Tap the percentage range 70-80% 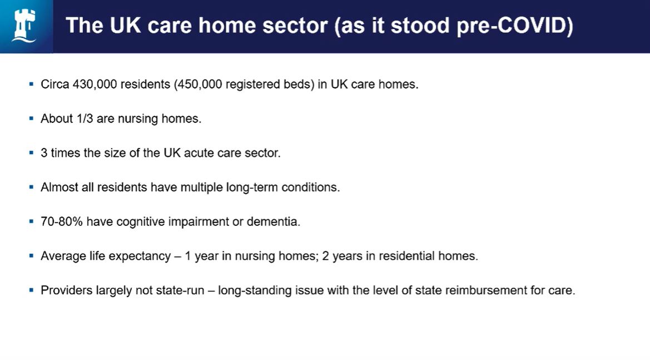pyautogui.click(x=62, y=222)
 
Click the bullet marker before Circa pyautogui.click(x=32, y=84)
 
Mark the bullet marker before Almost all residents pyautogui.click(x=32, y=187)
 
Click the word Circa pyautogui.click(x=55, y=85)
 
